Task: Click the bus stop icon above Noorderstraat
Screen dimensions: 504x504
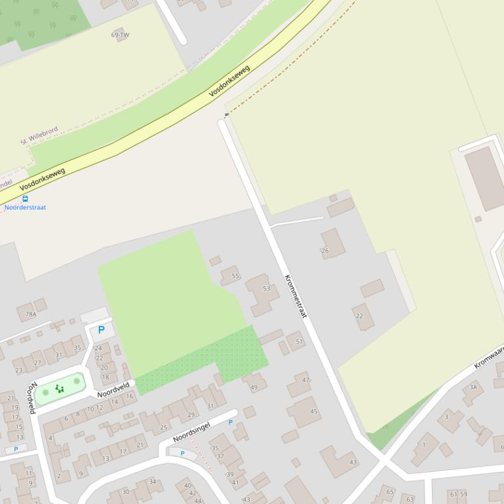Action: (x=26, y=199)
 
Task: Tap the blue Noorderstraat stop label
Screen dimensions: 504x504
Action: (x=26, y=207)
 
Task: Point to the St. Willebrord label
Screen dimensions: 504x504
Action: (x=39, y=135)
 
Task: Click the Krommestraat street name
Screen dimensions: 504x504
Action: (x=296, y=296)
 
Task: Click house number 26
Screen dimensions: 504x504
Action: (x=324, y=251)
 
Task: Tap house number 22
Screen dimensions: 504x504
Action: (x=359, y=316)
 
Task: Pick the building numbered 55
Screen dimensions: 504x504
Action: (x=235, y=276)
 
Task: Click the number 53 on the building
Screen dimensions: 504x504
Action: (x=266, y=289)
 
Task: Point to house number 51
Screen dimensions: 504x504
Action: (x=300, y=342)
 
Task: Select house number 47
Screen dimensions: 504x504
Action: (x=305, y=380)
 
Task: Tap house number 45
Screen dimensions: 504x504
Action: (x=313, y=412)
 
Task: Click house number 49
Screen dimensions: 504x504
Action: (x=254, y=387)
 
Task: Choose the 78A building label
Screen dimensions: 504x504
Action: (x=30, y=315)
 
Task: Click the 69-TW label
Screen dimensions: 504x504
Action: (x=120, y=35)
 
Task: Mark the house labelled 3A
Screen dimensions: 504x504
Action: (x=473, y=387)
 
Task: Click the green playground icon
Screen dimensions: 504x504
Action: (x=60, y=389)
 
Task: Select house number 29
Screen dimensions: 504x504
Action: (x=191, y=415)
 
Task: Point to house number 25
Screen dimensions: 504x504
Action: (x=164, y=428)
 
